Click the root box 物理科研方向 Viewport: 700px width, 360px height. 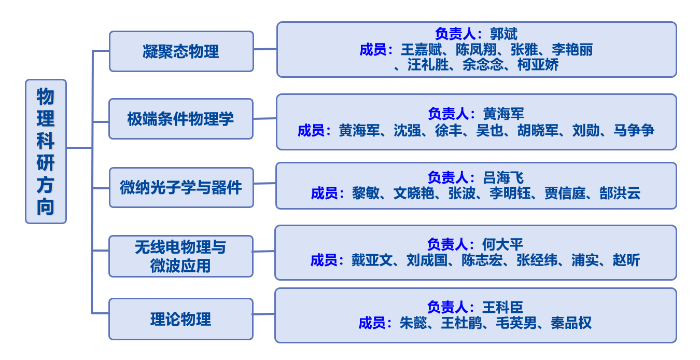(x=46, y=151)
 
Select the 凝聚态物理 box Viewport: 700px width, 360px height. (x=181, y=51)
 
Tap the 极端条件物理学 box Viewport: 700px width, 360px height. (x=181, y=119)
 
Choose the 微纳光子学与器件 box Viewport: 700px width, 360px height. (x=181, y=187)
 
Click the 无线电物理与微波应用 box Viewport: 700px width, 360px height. (x=181, y=256)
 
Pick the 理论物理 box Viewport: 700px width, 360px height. (x=181, y=319)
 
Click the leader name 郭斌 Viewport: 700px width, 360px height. (x=503, y=34)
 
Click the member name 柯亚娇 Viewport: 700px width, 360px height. (x=538, y=65)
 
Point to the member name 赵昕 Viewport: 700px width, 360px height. (x=627, y=260)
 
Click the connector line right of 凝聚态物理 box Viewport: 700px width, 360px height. (x=265, y=49)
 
